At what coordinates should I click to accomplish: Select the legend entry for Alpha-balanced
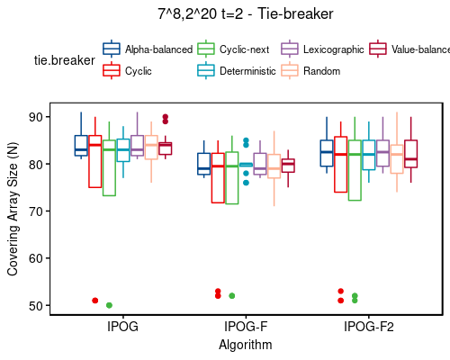(149, 49)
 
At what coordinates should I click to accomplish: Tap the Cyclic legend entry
(138, 70)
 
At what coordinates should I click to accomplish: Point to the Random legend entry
(315, 70)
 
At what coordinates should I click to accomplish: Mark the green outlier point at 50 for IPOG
(109, 305)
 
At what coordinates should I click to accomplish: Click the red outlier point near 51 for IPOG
(94, 301)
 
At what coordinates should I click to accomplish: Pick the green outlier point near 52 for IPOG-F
(232, 295)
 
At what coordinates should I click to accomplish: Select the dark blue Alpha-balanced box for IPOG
(81, 146)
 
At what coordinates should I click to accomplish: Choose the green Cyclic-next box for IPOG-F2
(355, 170)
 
